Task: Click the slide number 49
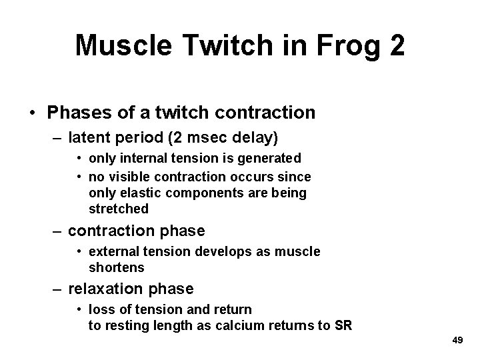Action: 457,340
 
